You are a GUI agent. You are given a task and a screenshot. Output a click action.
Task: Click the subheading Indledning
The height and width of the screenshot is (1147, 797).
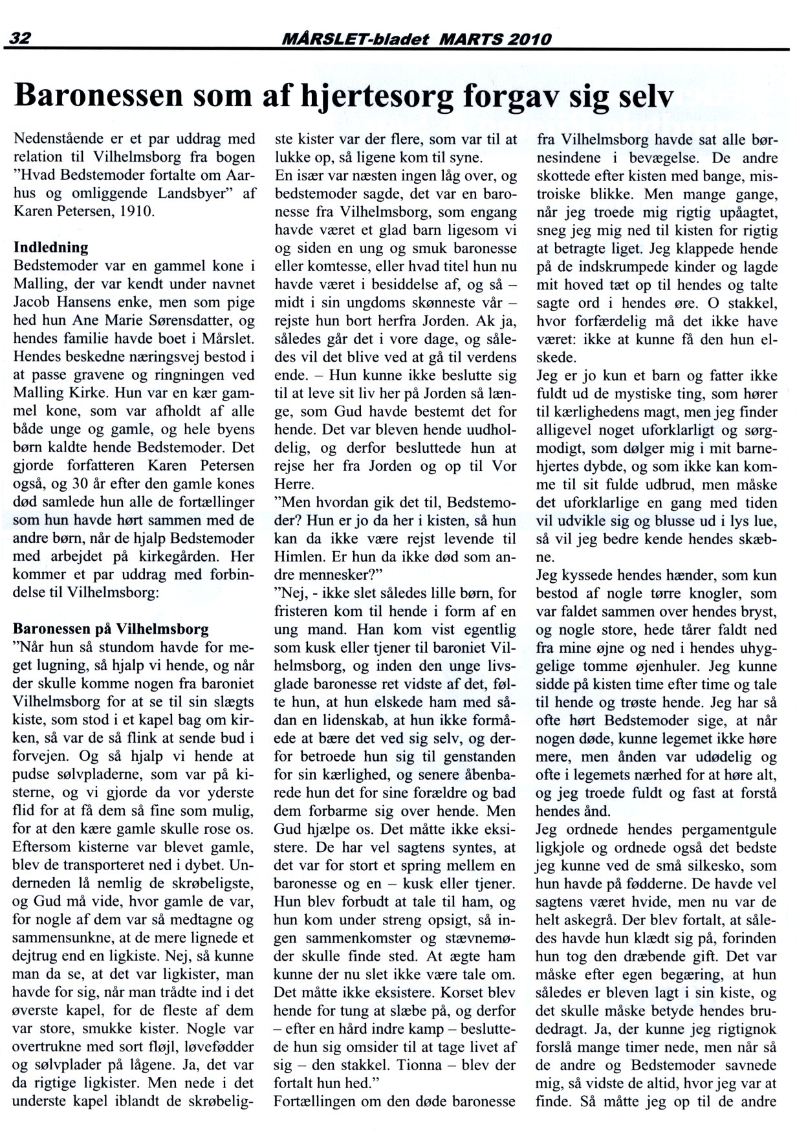51,248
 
